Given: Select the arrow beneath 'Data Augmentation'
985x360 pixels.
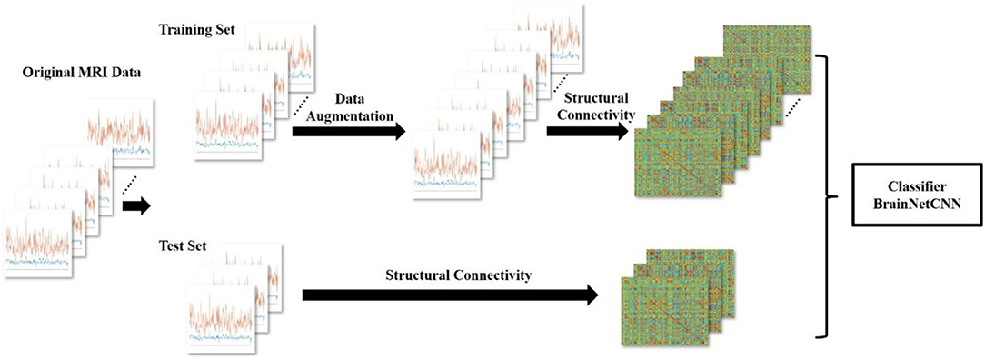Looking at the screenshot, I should [349, 132].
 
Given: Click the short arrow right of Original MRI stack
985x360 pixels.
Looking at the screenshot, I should [137, 205].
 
